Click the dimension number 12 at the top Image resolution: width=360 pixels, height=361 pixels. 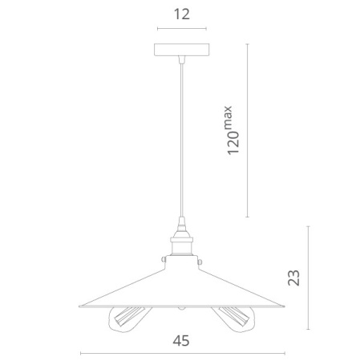tap(182, 14)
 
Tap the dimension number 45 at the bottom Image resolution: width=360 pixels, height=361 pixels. tap(181, 341)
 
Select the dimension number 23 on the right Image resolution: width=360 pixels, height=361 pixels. tap(293, 278)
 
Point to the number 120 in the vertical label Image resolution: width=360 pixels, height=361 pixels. tap(233, 143)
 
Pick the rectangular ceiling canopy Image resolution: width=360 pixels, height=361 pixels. tap(182, 50)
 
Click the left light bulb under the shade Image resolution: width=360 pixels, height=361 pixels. tap(129, 319)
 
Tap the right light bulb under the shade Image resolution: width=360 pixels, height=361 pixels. tap(233, 319)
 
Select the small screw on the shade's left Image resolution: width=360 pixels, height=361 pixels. tap(163, 259)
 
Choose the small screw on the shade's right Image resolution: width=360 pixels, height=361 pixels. tap(200, 262)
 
